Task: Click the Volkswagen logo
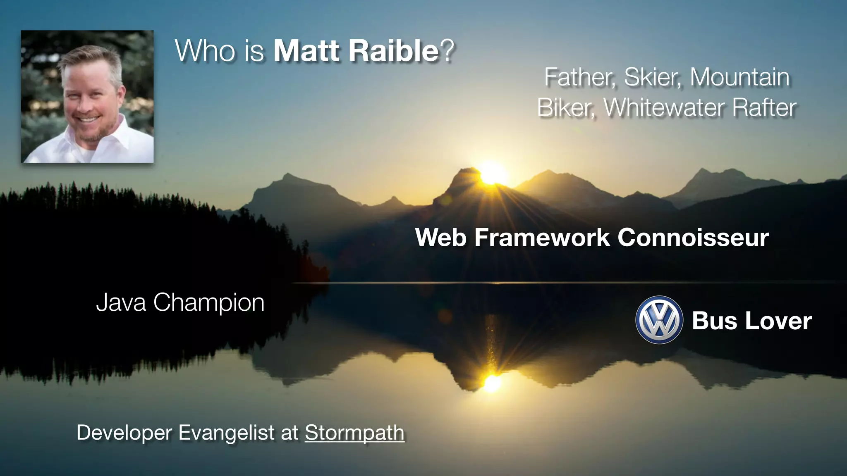click(x=659, y=320)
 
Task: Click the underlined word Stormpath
click(x=354, y=433)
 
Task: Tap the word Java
click(x=121, y=302)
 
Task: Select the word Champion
click(x=209, y=303)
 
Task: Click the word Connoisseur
click(x=693, y=238)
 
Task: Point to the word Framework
click(x=542, y=238)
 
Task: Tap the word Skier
click(x=652, y=77)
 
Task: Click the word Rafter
click(x=764, y=107)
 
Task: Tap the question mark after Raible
click(x=447, y=51)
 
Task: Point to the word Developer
click(x=124, y=433)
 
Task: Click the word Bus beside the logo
click(x=714, y=321)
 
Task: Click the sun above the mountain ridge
click(x=491, y=174)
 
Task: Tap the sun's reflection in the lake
click(x=492, y=383)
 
